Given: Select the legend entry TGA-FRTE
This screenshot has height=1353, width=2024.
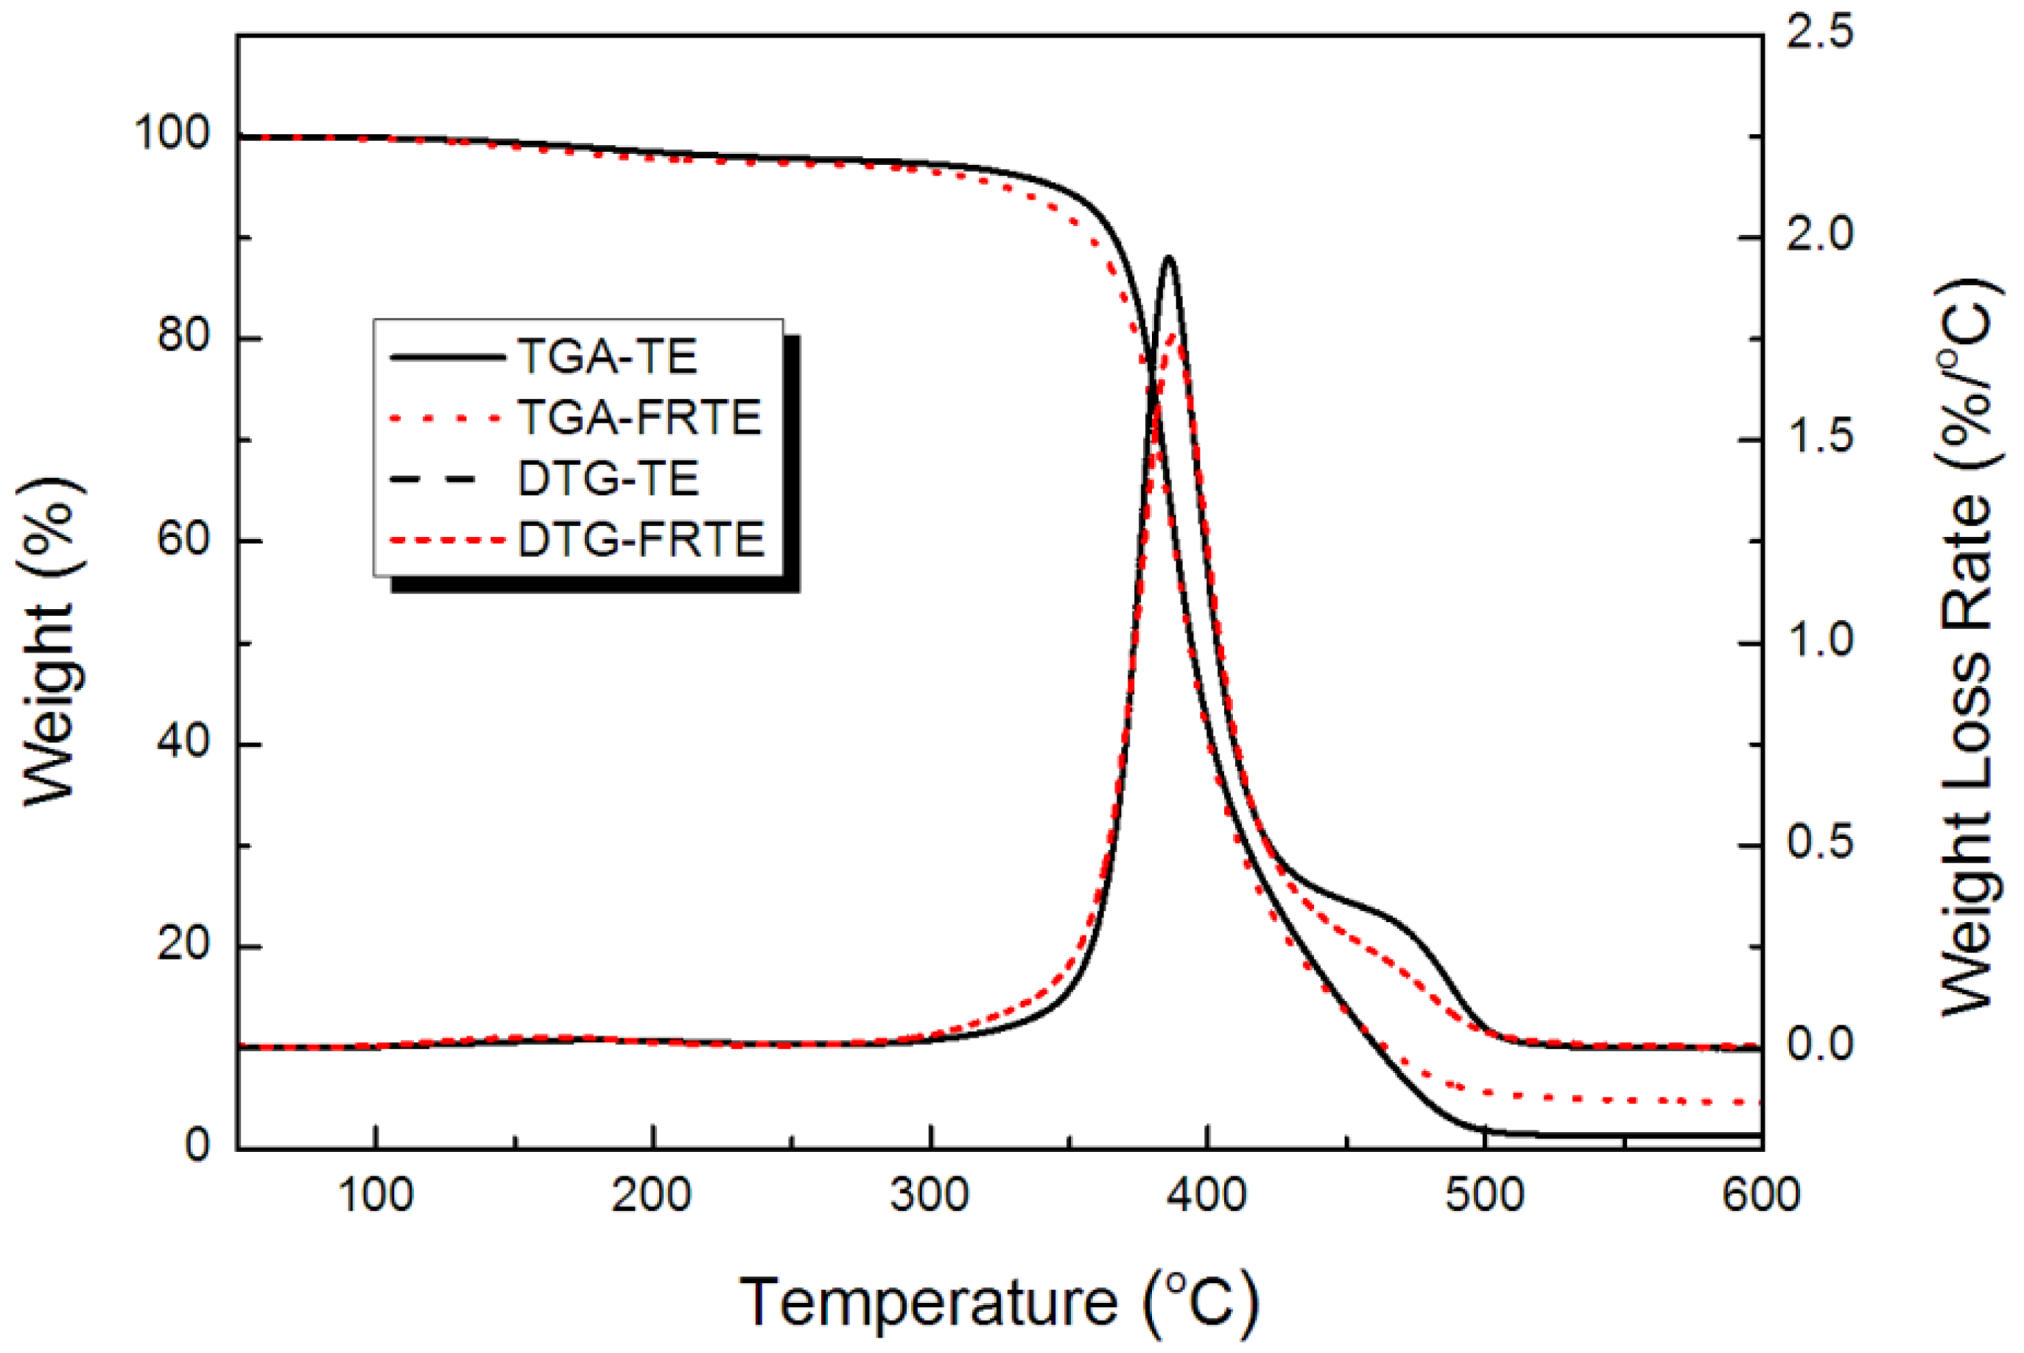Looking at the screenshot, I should pyautogui.click(x=639, y=418).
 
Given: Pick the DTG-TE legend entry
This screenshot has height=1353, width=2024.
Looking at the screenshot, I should pyautogui.click(x=608, y=479).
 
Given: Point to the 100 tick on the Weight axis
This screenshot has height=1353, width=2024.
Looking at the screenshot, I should pyautogui.click(x=172, y=136).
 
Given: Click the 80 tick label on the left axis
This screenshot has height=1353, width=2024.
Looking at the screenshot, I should pyautogui.click(x=183, y=337).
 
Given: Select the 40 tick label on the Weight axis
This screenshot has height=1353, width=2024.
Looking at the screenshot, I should pyautogui.click(x=183, y=743).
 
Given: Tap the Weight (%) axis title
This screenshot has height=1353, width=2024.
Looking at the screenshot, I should pyautogui.click(x=50, y=643).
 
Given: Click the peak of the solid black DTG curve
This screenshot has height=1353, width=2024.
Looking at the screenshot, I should pyautogui.click(x=1169, y=257).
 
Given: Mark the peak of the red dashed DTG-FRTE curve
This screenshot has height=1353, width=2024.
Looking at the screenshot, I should pyautogui.click(x=1173, y=334).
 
